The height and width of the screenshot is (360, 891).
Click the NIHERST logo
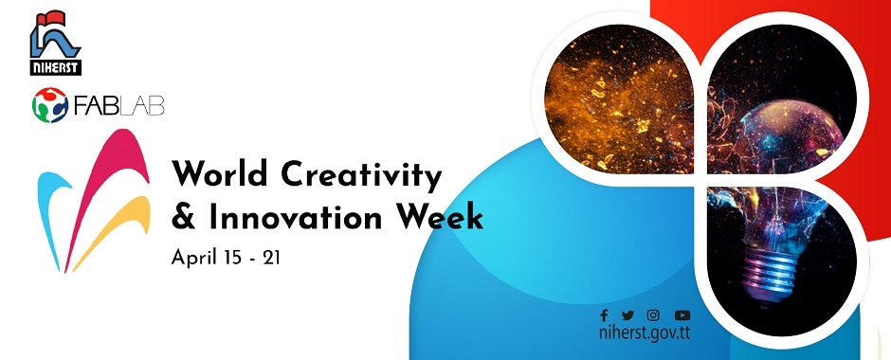pos(56,43)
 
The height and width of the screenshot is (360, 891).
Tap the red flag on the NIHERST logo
pos(51,18)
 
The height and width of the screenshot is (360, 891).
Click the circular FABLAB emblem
pos(50,105)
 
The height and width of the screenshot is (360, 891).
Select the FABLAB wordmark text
pos(118,105)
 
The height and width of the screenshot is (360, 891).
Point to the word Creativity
pos(361,175)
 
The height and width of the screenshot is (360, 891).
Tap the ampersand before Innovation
pos(183,218)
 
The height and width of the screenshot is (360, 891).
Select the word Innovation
pos(296,218)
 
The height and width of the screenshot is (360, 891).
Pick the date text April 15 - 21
pos(226,259)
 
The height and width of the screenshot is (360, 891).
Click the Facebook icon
pos(604,315)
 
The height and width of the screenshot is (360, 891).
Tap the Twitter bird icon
pos(627,315)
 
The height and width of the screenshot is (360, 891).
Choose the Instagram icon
pos(653,315)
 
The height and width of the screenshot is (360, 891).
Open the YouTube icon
pos(682,315)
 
